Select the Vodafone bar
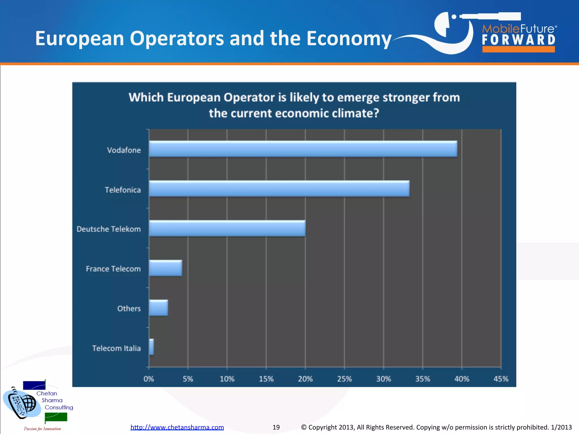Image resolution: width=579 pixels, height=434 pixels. (303, 149)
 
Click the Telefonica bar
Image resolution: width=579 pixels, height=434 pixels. (279, 188)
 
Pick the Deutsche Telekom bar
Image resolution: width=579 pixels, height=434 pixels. (227, 228)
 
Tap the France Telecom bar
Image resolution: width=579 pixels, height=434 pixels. (165, 268)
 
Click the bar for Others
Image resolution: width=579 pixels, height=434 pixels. (158, 308)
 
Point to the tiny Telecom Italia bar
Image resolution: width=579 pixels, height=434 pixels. (152, 347)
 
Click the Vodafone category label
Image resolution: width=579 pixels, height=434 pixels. (124, 150)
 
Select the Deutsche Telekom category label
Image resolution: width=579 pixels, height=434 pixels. (109, 229)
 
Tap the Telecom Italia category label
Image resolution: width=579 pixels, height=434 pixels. (116, 348)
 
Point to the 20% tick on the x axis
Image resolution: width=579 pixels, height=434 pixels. (305, 379)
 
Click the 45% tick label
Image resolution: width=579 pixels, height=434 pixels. (501, 379)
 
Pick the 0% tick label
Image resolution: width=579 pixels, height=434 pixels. (149, 379)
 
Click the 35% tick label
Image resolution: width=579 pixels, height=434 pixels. (423, 379)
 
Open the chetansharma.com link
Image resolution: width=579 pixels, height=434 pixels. (177, 427)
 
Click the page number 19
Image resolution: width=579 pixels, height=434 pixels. (276, 427)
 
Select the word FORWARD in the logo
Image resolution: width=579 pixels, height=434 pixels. (518, 40)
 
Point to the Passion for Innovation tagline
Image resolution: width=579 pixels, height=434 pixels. (42, 429)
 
